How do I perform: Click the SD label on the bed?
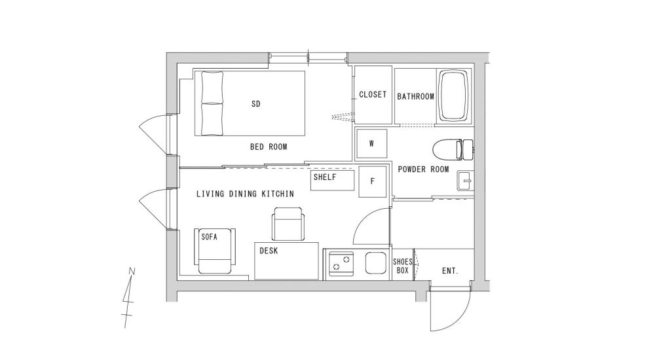[255, 103]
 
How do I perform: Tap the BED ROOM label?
[269, 147]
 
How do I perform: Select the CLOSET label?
[373, 95]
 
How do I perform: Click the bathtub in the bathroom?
[455, 96]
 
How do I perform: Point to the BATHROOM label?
[415, 96]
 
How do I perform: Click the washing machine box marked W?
[371, 144]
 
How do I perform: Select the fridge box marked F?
[373, 181]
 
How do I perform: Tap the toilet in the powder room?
[454, 149]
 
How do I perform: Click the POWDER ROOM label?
[423, 170]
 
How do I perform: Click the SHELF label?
[325, 177]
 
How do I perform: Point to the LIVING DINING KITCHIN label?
[245, 194]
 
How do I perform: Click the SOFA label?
[209, 237]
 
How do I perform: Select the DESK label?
[267, 251]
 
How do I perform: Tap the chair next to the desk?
[288, 224]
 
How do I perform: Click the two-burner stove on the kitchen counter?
[341, 263]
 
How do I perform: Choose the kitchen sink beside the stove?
[376, 263]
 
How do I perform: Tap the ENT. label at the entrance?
[449, 270]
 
